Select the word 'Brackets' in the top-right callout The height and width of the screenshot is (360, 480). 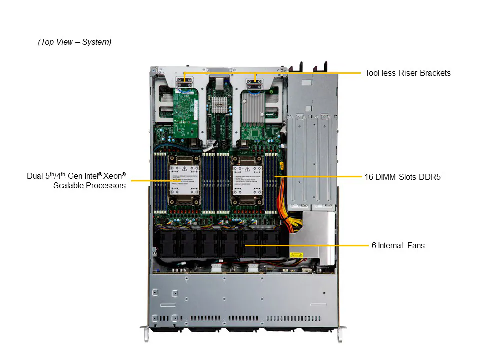(x=434, y=73)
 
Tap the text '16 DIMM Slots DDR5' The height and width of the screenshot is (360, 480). (x=402, y=177)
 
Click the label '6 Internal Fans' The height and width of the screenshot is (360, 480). (x=398, y=245)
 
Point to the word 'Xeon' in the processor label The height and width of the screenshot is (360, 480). (x=113, y=176)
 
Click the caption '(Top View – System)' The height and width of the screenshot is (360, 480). (x=75, y=42)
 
